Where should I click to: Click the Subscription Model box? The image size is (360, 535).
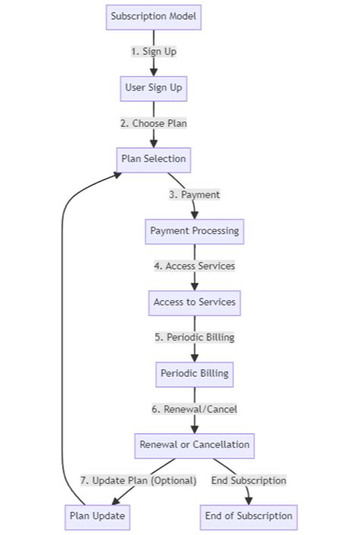point(153,17)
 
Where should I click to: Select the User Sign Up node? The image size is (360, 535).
point(153,87)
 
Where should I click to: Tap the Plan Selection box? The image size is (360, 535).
point(153,159)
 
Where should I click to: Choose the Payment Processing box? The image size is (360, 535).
point(194,230)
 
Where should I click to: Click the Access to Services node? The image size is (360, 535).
point(194,302)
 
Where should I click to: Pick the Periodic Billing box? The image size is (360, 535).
point(194,373)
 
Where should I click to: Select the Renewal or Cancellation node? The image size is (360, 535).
point(194,444)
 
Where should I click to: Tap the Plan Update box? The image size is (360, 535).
point(97,515)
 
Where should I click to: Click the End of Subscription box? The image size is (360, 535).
point(248,515)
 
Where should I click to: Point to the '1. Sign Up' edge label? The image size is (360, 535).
point(153,52)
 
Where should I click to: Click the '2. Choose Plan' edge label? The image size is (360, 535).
point(153,123)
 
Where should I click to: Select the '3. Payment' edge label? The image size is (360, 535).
point(194,195)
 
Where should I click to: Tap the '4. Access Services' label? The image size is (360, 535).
point(194,266)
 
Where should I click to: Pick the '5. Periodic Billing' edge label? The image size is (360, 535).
point(194,337)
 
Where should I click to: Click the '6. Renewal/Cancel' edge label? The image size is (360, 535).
point(194,409)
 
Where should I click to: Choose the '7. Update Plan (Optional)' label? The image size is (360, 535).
point(138,480)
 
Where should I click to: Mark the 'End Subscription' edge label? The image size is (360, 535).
point(248,480)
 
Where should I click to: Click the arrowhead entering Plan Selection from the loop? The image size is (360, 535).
point(117,174)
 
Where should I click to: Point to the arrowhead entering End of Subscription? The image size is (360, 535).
point(248,499)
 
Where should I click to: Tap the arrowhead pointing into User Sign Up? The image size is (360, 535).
point(153,71)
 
